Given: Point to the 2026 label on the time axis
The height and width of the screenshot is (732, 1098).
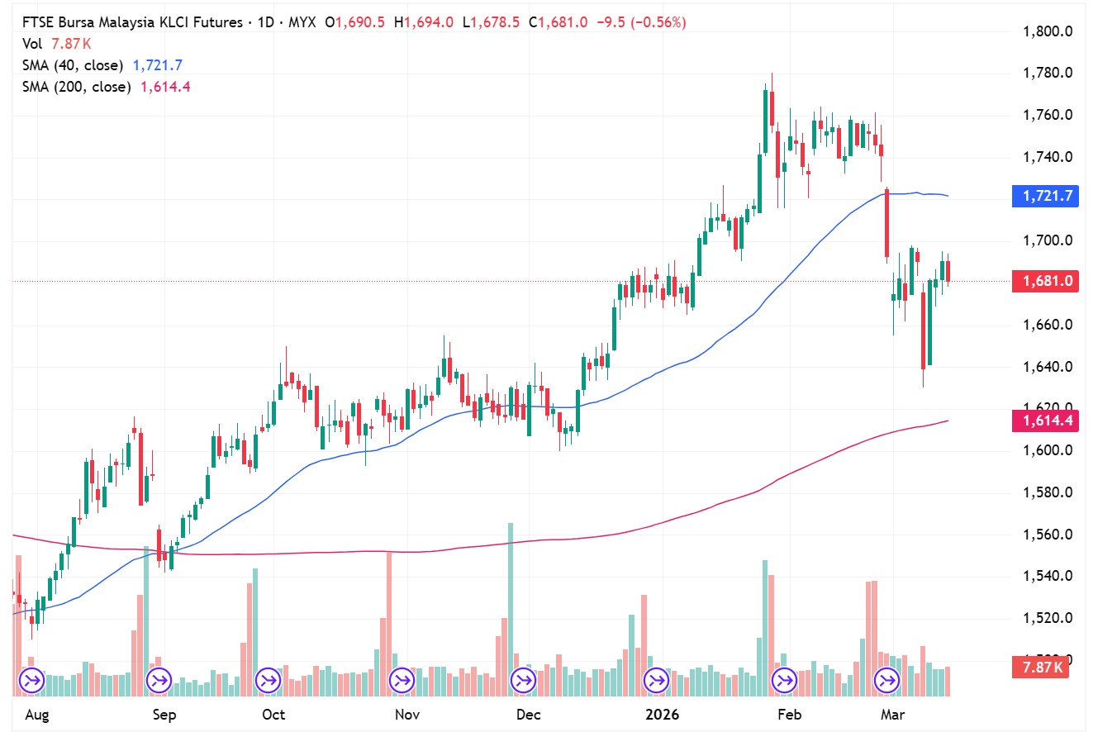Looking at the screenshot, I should [x=661, y=714].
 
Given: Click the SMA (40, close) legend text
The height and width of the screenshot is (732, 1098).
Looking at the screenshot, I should [x=73, y=65].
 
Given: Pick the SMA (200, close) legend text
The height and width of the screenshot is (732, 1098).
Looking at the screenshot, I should [x=76, y=87].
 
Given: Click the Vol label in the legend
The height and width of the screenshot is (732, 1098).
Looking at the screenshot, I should [x=31, y=45].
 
